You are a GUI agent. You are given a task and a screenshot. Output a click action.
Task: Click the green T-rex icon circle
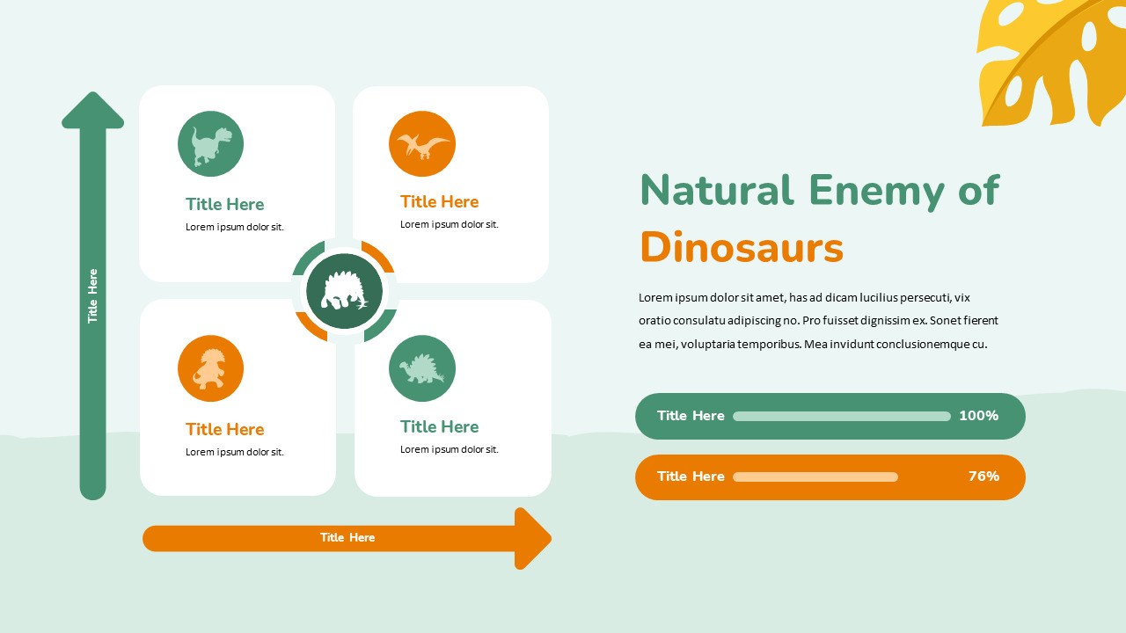click(210, 144)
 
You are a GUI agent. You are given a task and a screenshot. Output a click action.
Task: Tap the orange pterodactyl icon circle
click(422, 143)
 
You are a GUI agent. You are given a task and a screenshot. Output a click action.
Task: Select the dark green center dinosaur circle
click(345, 292)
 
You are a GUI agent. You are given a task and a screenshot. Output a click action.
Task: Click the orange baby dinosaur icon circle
click(210, 368)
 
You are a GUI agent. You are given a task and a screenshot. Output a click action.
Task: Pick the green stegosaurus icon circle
click(422, 368)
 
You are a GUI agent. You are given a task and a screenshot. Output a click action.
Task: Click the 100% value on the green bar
click(978, 416)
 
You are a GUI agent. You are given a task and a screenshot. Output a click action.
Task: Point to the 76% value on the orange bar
click(983, 477)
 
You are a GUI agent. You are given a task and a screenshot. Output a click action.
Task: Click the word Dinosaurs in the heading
click(742, 248)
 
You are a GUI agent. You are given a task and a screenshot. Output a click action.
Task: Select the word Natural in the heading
click(716, 191)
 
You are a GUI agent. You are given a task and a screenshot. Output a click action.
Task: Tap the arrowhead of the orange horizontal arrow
click(531, 538)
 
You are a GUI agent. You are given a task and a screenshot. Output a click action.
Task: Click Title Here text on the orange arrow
click(347, 538)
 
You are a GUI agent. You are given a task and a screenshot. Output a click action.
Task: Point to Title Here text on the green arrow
click(92, 296)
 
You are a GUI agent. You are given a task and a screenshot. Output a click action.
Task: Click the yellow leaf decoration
click(1047, 62)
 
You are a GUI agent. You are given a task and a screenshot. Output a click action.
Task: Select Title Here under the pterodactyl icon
click(439, 201)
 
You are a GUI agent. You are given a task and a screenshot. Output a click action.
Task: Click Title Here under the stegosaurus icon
click(439, 426)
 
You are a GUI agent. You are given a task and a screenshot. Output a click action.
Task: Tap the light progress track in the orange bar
click(815, 477)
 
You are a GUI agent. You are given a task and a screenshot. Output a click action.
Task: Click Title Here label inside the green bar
click(691, 416)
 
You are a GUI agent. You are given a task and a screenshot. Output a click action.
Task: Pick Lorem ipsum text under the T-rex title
click(234, 227)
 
